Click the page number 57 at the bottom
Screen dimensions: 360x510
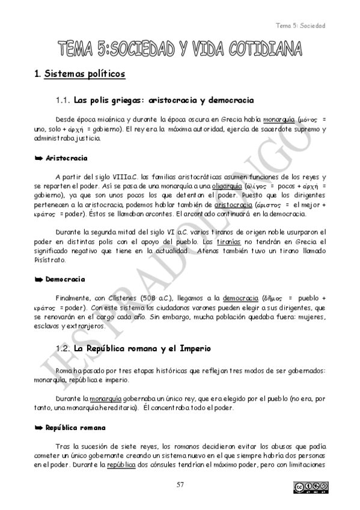[x=179, y=485]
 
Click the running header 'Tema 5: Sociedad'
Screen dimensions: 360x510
[x=300, y=26]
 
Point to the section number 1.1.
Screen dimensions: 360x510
[x=63, y=100]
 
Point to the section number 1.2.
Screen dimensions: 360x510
[x=63, y=348]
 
